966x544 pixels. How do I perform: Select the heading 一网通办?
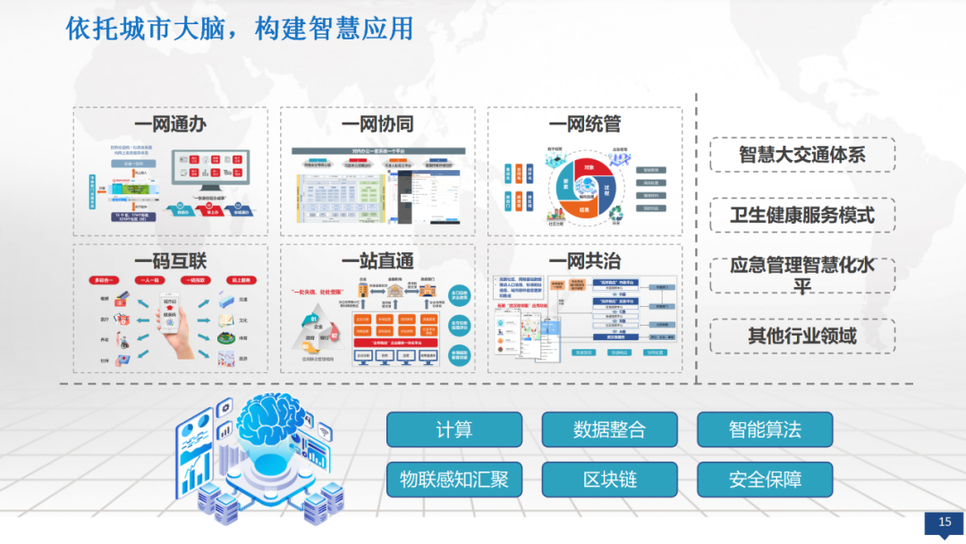(x=170, y=124)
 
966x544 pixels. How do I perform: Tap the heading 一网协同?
(x=377, y=124)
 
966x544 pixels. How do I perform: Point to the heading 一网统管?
(x=585, y=124)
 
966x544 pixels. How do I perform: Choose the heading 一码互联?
(x=170, y=261)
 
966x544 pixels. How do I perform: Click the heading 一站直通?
(x=377, y=261)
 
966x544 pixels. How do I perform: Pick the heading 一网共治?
(x=585, y=261)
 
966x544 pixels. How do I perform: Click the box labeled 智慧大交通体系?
(x=802, y=154)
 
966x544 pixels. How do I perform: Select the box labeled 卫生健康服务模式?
(x=802, y=215)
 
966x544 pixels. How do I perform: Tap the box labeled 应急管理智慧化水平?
(x=802, y=276)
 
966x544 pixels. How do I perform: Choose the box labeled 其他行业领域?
(x=802, y=336)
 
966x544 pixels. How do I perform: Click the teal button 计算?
(x=454, y=429)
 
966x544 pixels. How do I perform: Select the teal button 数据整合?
(x=609, y=429)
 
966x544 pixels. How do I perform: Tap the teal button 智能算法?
(x=765, y=429)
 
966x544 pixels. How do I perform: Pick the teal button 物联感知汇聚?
(x=454, y=480)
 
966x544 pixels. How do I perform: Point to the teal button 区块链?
(x=609, y=480)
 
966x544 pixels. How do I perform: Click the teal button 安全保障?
(x=765, y=480)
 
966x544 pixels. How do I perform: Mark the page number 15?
(x=945, y=523)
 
